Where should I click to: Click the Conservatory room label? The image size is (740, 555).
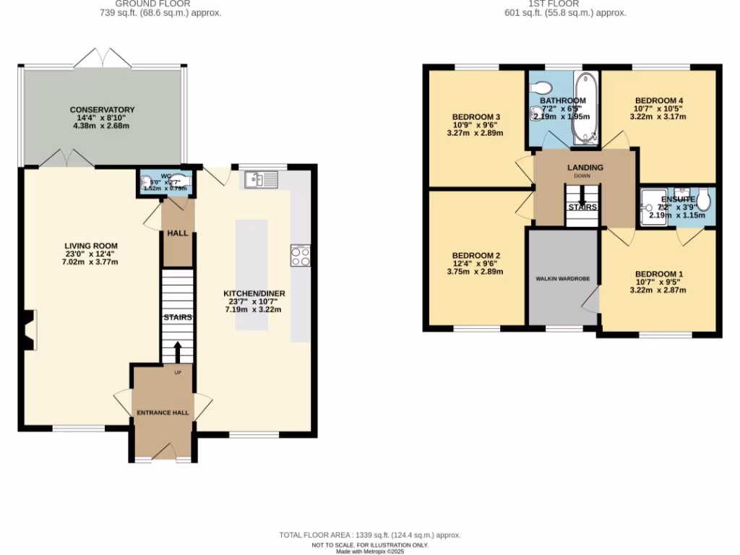click(x=102, y=110)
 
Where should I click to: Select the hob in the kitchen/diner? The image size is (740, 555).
click(x=300, y=255)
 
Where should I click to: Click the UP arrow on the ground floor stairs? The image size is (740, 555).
click(x=177, y=352)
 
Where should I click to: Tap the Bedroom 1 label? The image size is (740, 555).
click(x=658, y=274)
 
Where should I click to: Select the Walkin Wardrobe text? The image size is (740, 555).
click(x=562, y=277)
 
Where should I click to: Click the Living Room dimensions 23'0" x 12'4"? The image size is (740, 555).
click(x=91, y=254)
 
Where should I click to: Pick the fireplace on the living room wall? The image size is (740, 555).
click(x=28, y=330)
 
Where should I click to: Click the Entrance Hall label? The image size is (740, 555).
click(x=163, y=413)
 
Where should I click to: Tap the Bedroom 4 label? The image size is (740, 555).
click(x=658, y=100)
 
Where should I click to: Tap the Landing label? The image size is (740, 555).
click(x=585, y=168)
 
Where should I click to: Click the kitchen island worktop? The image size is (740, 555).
click(x=251, y=275)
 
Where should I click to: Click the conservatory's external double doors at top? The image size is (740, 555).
click(x=103, y=57)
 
